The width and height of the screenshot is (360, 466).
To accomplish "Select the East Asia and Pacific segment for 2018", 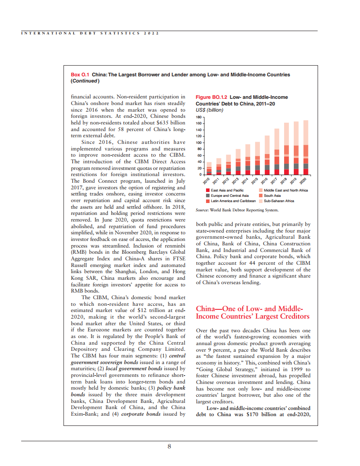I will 286,172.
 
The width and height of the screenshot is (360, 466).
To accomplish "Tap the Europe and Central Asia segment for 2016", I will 267,167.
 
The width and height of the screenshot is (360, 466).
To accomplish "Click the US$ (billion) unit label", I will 210,109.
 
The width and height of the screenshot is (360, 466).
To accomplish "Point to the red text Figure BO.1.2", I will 211,97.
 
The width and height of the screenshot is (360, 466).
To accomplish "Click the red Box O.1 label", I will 80,75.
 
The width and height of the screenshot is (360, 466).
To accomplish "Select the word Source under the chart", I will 202,210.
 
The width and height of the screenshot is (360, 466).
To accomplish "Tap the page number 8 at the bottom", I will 169,446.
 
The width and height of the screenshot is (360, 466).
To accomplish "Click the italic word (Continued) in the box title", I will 85,81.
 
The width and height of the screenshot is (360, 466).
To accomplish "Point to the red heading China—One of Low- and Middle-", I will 249,308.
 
